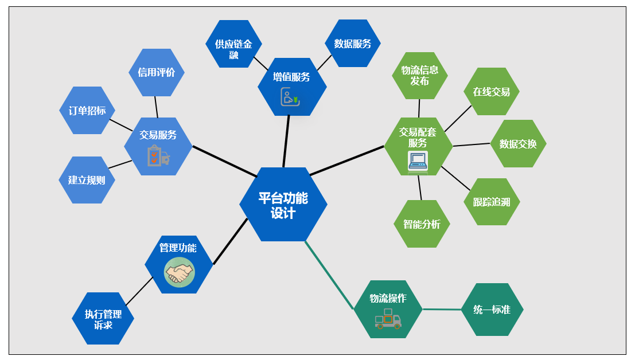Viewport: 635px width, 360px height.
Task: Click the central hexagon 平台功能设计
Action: (283, 205)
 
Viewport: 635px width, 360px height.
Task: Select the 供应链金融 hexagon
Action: (233, 44)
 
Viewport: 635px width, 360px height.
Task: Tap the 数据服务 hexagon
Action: (353, 44)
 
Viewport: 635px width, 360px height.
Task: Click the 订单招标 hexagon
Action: (87, 111)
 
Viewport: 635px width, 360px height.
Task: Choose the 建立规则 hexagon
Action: (87, 180)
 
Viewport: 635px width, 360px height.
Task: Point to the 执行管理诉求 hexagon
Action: (103, 319)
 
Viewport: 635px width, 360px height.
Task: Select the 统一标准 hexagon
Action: (492, 310)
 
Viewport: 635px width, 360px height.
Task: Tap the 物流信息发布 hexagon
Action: (420, 76)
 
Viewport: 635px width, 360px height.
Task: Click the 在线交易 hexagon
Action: (491, 92)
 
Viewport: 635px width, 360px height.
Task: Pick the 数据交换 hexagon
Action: (518, 144)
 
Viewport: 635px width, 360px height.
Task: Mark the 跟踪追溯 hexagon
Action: (492, 202)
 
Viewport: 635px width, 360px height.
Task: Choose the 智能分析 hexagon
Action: (422, 224)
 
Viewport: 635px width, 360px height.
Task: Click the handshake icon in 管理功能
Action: (179, 272)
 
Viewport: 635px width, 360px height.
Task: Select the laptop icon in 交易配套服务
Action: (418, 161)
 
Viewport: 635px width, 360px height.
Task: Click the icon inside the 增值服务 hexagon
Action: (290, 97)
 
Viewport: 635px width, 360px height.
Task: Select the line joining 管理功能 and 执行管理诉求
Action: (139, 291)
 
